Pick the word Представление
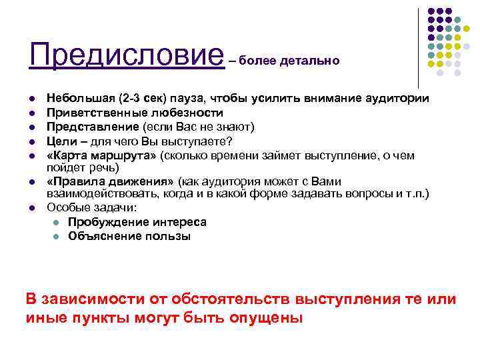pos(86,127)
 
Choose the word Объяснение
pos(101,236)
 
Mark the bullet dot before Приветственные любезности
pos(33,113)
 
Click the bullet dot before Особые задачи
pos(33,208)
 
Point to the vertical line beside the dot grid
pos(418,47)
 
